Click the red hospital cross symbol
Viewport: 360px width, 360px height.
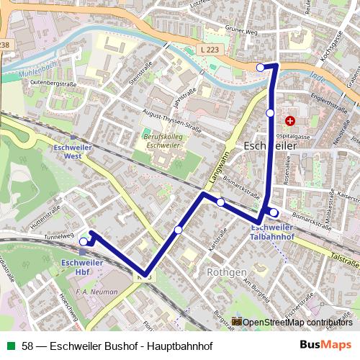290,121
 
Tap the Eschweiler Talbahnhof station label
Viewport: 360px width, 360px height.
272,232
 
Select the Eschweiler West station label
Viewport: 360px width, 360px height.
73,150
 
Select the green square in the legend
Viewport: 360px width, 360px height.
10,346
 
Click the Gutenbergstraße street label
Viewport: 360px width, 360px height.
53,84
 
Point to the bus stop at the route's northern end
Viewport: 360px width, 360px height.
261,68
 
